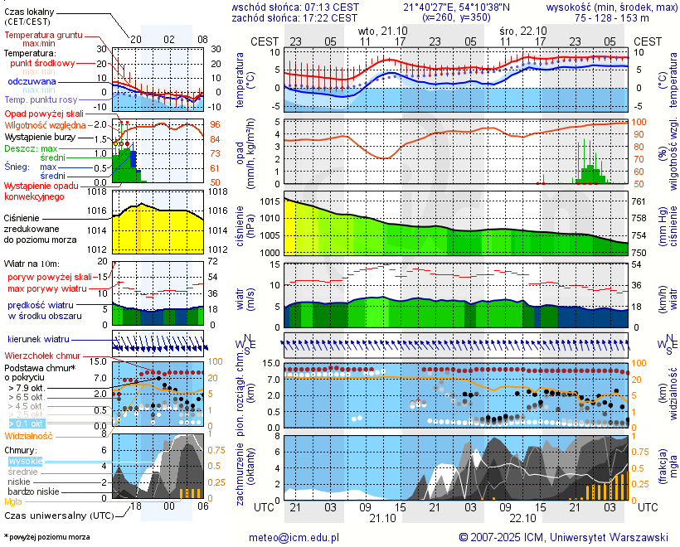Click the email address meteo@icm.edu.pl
(294, 537)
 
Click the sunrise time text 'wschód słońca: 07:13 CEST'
(294, 7)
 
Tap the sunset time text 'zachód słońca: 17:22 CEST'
(294, 17)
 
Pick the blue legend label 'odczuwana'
(32, 82)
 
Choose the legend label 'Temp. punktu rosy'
(41, 99)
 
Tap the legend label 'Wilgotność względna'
(45, 124)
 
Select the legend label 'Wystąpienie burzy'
(39, 136)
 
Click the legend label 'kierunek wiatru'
(38, 340)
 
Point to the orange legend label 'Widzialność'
(29, 435)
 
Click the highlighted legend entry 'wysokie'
(24, 461)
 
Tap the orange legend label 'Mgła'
(13, 501)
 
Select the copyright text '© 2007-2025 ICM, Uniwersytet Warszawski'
(564, 537)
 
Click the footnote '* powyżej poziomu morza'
(46, 537)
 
